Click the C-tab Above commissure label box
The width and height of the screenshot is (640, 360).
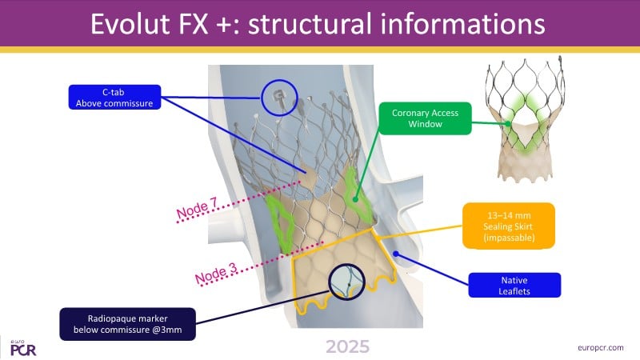coord(114,97)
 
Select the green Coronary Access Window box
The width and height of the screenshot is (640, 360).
coord(425,118)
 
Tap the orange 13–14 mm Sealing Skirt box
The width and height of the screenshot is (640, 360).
coord(509,226)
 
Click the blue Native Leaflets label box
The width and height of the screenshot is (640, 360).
coord(514,286)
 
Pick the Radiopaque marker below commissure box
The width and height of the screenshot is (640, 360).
coord(127,324)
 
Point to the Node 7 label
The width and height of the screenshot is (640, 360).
coord(198,207)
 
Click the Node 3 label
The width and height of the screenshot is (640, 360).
coord(216,273)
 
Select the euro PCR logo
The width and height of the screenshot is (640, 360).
coord(23,348)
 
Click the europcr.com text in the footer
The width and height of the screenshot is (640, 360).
coord(601,348)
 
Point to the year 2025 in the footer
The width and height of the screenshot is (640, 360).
coord(348,347)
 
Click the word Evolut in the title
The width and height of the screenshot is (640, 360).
coord(130,24)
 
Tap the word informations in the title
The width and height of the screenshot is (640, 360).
coord(463,24)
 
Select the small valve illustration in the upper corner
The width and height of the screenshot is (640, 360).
coord(526,118)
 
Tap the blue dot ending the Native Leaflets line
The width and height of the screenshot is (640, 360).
coord(395,254)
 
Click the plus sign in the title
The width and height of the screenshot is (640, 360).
coord(224,26)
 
